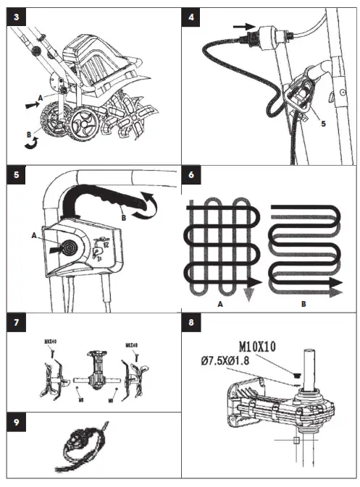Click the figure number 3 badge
coord(15,17)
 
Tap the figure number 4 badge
coord(191,17)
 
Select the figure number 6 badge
coord(191,177)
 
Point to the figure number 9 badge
coord(15,421)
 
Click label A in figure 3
coord(42,96)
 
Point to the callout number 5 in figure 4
coord(323,123)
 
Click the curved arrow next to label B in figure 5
coord(148,206)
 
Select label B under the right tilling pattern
coord(304,305)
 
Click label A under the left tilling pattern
coord(219,305)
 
